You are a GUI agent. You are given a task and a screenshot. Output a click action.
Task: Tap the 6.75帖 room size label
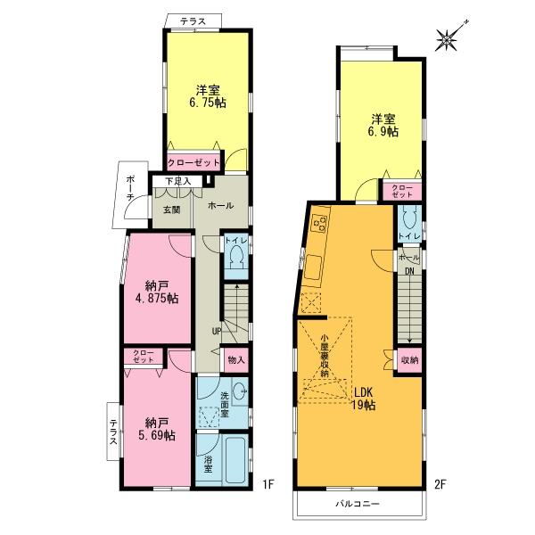pyautogui.click(x=206, y=95)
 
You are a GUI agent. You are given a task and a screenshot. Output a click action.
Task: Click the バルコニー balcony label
pyautogui.click(x=358, y=504)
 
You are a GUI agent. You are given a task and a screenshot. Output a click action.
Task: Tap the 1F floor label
pyautogui.click(x=268, y=486)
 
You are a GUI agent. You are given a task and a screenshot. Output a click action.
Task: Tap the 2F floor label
pyautogui.click(x=439, y=486)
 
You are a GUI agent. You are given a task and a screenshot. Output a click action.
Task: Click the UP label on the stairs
pyautogui.click(x=216, y=332)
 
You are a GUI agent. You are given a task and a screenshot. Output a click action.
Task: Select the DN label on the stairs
pyautogui.click(x=408, y=271)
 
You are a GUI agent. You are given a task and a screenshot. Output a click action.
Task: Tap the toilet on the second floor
pyautogui.click(x=408, y=219)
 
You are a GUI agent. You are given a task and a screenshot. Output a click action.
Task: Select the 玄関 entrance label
pyautogui.click(x=171, y=210)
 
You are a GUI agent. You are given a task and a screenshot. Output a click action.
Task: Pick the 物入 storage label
pyautogui.click(x=236, y=359)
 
